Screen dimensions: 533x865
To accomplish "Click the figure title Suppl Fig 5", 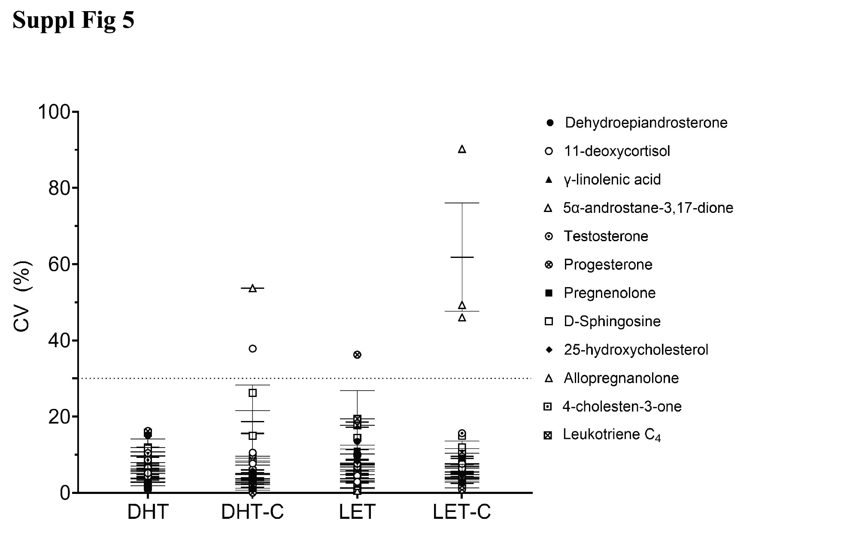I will (x=73, y=20).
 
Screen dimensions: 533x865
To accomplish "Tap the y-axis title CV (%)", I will (x=22, y=296).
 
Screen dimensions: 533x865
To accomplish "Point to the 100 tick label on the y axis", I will (x=54, y=112).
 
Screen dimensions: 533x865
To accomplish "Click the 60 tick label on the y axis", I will (x=59, y=265).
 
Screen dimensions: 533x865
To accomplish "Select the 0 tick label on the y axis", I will (x=65, y=494).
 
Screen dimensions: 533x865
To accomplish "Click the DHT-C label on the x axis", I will (x=252, y=512).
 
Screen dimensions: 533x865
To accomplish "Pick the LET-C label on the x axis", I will (x=461, y=512).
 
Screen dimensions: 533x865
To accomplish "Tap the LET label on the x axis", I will (x=357, y=512).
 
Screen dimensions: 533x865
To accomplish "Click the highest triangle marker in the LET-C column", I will (x=462, y=149).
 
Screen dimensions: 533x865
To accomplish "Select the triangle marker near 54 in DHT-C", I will (x=253, y=288).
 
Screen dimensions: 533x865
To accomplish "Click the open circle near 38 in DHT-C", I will (x=253, y=348).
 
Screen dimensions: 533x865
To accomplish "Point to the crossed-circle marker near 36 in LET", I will (x=357, y=354).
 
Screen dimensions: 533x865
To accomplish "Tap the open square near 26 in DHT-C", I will (x=253, y=393).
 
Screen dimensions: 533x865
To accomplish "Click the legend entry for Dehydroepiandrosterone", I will (x=646, y=123).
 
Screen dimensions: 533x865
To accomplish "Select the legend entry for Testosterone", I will (x=606, y=236).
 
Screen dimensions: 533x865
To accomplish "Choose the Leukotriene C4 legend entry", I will (x=612, y=435).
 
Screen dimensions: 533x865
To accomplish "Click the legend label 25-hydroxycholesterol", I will (x=636, y=350).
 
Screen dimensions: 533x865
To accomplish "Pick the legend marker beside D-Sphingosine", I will (x=549, y=321).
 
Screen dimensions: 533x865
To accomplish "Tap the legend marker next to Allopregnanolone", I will (x=549, y=378).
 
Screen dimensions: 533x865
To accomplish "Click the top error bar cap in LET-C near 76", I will (x=462, y=203).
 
